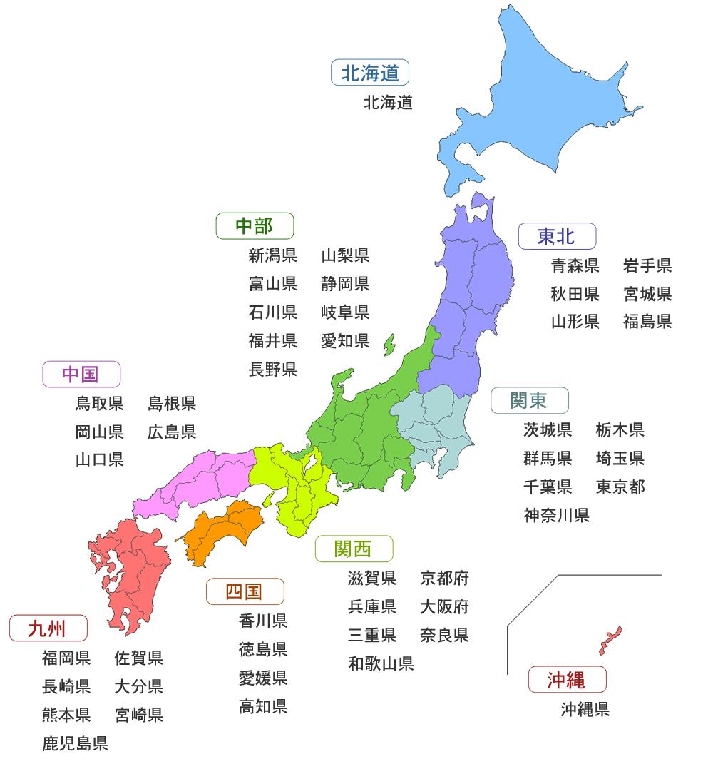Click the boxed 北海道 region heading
coord(370,73)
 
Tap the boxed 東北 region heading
coord(557,235)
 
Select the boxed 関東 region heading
coord(529,401)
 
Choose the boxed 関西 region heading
coord(354,549)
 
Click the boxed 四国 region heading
coord(245,591)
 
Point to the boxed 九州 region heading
coord(48,628)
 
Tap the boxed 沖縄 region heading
coord(567,680)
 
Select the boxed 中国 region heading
coord(81,375)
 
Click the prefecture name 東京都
coord(620,487)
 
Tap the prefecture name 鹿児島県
coord(75,744)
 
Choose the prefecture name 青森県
coord(575,266)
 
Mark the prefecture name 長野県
coord(273,370)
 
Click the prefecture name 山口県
coord(100,459)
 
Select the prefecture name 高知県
coord(263,707)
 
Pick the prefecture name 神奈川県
coord(556,515)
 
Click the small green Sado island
coord(389,344)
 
